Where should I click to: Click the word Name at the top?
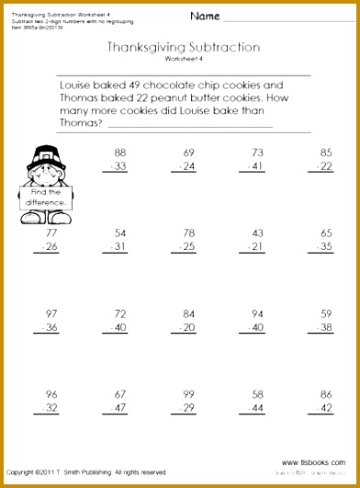(205, 17)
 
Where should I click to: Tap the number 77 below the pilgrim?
(51, 233)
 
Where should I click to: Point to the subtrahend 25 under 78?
(189, 247)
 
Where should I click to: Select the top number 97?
(51, 313)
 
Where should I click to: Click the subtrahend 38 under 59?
(325, 327)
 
